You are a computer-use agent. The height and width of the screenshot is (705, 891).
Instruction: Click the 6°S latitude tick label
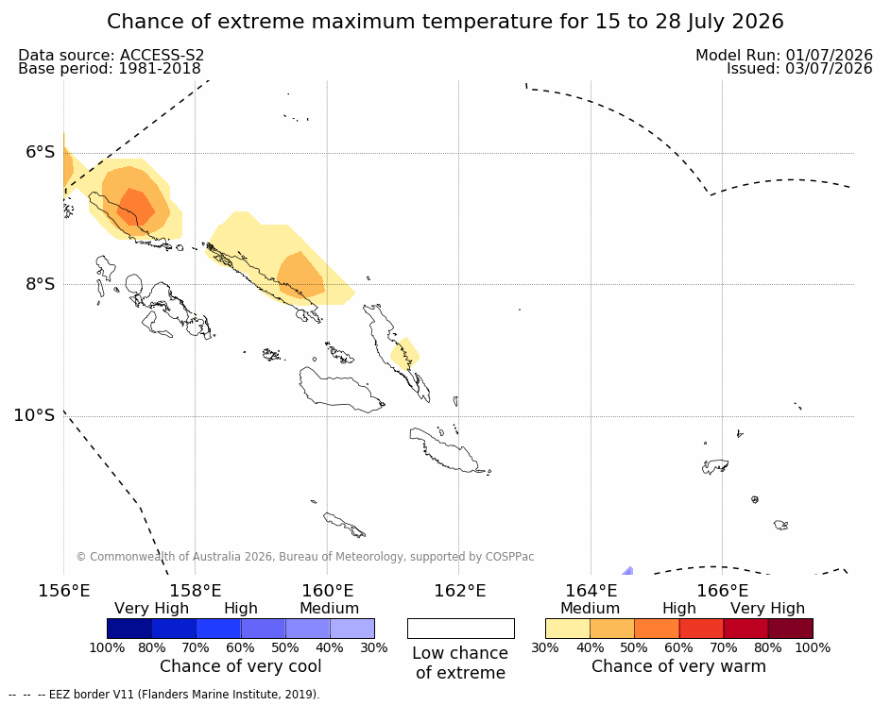pos(40,152)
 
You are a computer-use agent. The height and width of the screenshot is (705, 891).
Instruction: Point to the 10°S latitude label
pos(34,415)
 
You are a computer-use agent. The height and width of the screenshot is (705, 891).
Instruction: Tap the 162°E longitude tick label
pos(460,591)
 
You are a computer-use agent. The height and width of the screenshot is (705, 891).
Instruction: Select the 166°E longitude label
pos(722,591)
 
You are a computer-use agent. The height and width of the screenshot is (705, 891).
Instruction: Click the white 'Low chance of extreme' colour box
pos(461,629)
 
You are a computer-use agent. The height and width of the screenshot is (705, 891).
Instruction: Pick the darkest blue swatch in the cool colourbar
pos(129,629)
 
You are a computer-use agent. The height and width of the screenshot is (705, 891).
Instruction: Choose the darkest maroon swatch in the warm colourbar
pos(791,629)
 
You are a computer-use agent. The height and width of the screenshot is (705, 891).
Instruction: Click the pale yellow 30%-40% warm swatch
pos(568,629)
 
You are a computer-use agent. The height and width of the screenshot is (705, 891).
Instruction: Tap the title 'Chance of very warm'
pos(678,666)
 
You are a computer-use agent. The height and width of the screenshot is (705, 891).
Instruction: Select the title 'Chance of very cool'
pos(240,666)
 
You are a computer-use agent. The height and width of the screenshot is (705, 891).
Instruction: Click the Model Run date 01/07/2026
pos(829,55)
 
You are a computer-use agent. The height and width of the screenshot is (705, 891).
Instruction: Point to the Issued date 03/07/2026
pos(829,69)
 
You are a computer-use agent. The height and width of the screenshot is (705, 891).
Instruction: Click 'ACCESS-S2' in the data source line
pos(162,55)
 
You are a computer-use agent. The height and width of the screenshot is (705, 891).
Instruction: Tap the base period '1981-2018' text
pos(159,69)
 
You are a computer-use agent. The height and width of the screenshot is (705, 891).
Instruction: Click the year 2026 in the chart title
pos(758,22)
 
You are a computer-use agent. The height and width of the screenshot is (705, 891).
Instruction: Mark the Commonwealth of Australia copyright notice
pos(305,557)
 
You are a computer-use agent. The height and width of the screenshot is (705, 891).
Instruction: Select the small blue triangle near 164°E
pos(628,571)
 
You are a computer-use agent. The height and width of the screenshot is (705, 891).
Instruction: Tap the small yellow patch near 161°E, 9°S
pos(404,354)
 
